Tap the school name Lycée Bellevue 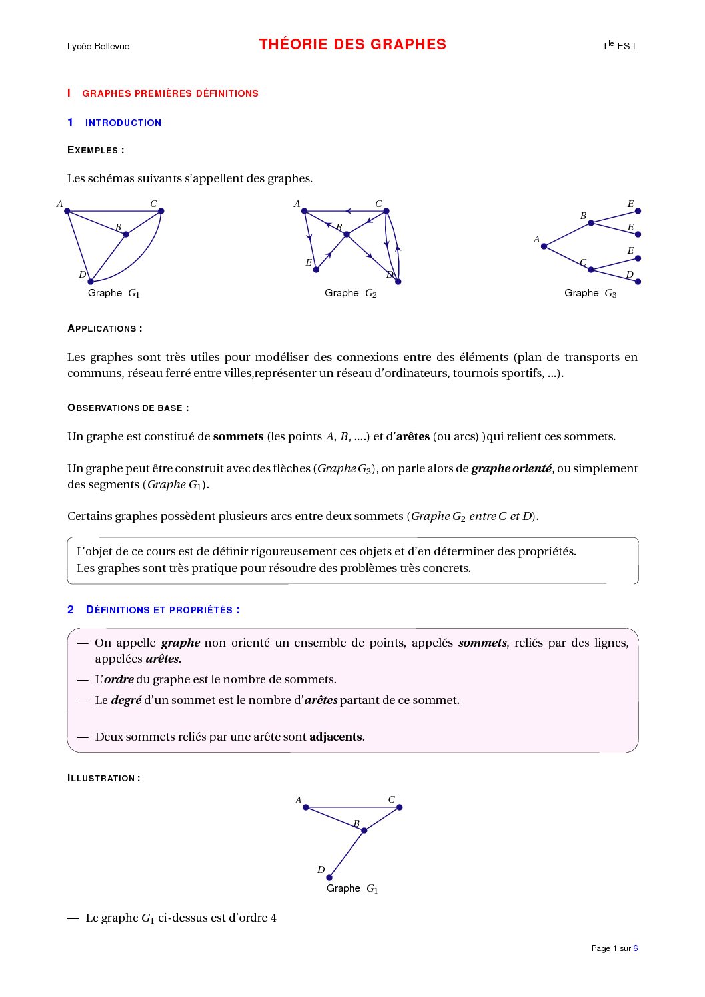(98, 46)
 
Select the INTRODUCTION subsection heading (123, 123)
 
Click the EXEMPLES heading (95, 150)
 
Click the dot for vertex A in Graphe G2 (304, 211)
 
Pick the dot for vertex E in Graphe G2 (316, 270)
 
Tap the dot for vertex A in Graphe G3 (544, 246)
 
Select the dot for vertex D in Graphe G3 (638, 282)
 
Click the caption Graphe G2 (351, 293)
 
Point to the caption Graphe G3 (590, 293)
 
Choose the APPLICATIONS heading (104, 328)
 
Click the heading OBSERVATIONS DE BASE (127, 408)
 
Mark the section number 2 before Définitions (71, 609)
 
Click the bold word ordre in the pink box (119, 679)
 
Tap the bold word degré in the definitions (126, 700)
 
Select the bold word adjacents (336, 737)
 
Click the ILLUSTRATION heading (103, 778)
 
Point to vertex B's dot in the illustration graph (364, 831)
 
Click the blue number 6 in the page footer (636, 948)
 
